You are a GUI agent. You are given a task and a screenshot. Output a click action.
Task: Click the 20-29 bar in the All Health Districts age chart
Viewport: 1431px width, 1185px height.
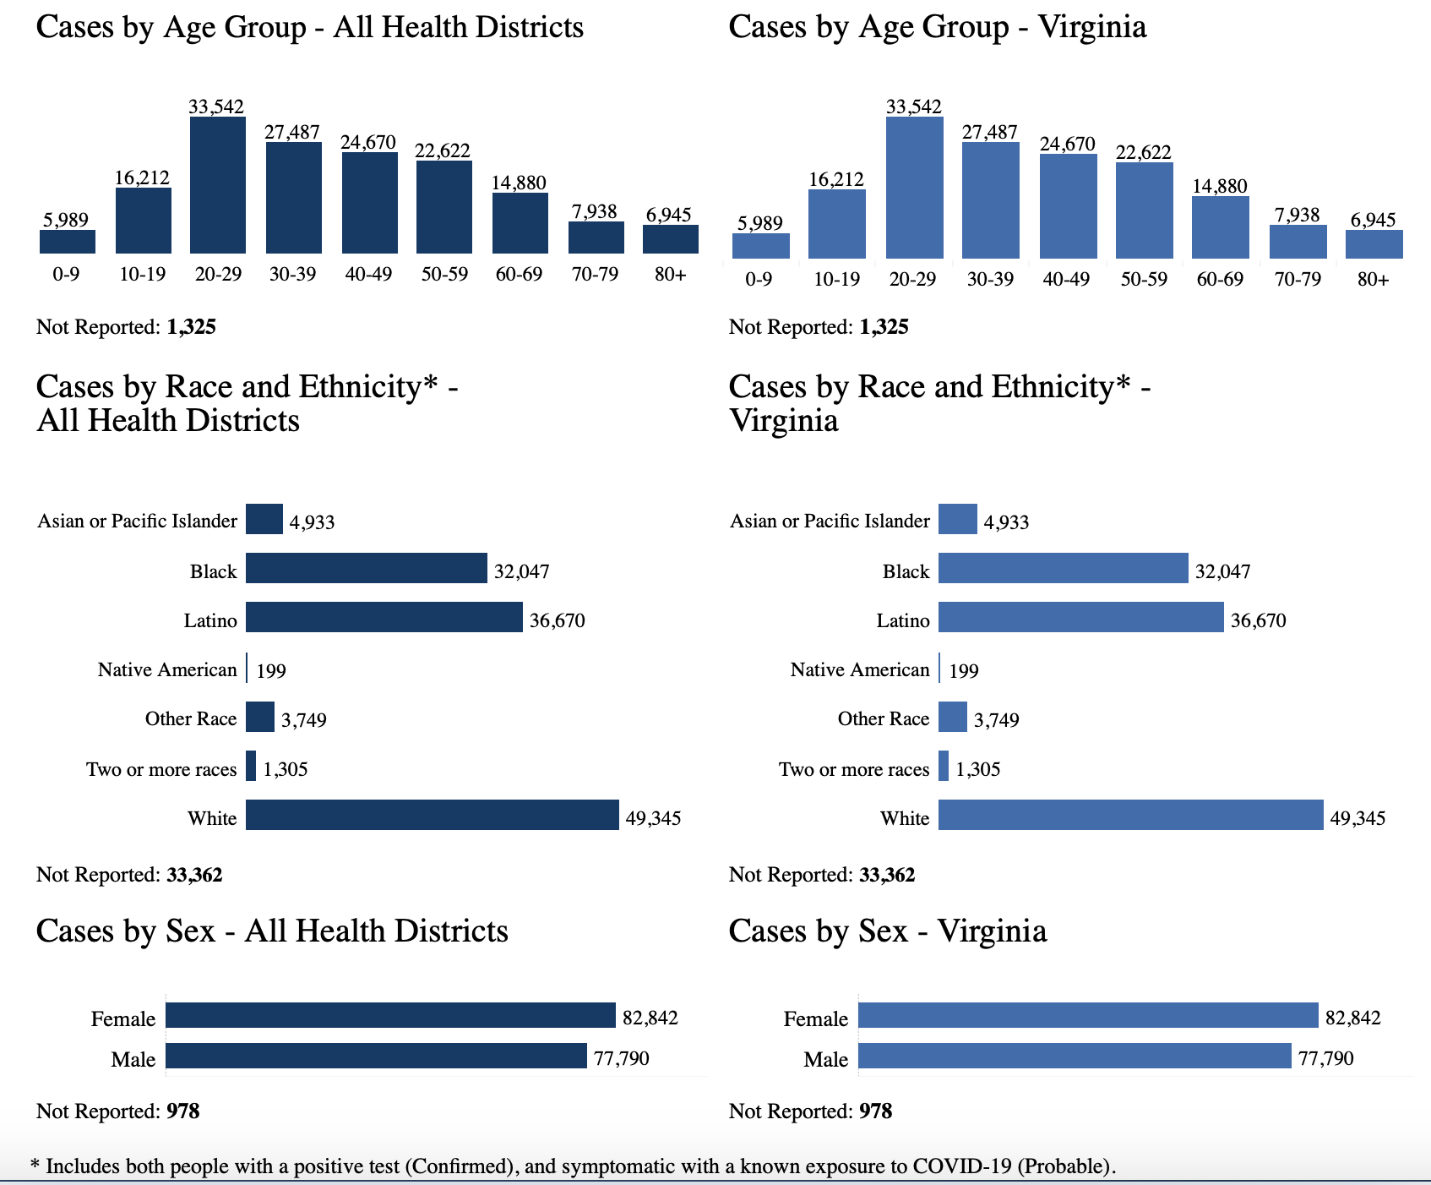tap(218, 185)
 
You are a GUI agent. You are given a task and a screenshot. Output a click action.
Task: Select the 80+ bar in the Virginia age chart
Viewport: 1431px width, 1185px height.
tap(1374, 244)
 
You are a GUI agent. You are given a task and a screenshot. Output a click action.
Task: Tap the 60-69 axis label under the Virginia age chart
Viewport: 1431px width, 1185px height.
tap(1220, 279)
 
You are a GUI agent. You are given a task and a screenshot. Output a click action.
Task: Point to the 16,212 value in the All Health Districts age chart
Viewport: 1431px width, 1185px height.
tap(142, 177)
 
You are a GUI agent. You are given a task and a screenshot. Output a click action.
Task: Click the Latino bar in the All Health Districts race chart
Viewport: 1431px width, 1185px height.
tap(384, 617)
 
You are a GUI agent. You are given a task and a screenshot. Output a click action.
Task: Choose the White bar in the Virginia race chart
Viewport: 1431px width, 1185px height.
tap(1130, 815)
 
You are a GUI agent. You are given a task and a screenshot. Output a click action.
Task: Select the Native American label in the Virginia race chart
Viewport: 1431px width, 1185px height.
tap(859, 669)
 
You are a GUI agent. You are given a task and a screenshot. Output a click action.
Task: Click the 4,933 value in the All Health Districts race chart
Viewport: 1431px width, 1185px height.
tap(312, 522)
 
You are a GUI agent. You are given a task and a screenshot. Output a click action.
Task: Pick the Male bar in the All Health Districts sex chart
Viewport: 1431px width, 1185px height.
tap(376, 1056)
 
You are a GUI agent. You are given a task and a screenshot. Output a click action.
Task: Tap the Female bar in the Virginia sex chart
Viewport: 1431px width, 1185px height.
tap(1088, 1015)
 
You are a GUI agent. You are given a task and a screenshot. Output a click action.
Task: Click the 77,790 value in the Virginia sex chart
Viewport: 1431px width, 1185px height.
tap(1325, 1058)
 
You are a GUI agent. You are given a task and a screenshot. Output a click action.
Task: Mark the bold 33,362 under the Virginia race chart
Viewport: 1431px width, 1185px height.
tap(886, 875)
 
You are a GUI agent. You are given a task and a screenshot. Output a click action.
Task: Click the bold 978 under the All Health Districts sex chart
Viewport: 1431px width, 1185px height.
tap(183, 1111)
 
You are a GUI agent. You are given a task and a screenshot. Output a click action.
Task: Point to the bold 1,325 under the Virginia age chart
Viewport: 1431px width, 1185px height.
tap(884, 327)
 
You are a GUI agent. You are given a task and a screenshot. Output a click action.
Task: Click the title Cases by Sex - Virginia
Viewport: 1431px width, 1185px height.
tap(887, 931)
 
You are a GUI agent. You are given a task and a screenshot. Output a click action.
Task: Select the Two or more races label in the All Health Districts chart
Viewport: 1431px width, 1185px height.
tap(161, 769)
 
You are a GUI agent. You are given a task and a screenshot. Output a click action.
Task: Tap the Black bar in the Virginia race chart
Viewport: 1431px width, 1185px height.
tap(1063, 568)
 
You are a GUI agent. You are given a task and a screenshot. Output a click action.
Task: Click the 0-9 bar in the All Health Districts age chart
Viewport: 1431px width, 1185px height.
tap(67, 242)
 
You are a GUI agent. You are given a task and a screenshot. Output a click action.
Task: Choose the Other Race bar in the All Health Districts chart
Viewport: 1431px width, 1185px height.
tap(260, 717)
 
